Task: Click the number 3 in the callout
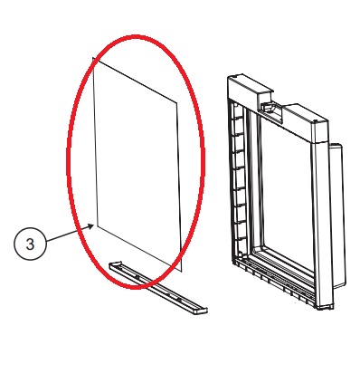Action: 30,244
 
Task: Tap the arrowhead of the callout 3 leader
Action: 91,226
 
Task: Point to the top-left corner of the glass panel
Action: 92,57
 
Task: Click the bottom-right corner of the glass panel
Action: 183,271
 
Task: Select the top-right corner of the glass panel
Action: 176,102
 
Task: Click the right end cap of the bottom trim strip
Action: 200,311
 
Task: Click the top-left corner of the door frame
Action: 228,77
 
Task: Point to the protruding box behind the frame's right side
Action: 337,211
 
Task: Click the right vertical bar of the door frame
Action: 320,220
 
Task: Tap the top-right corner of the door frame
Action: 327,120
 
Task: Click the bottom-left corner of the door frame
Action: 234,262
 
